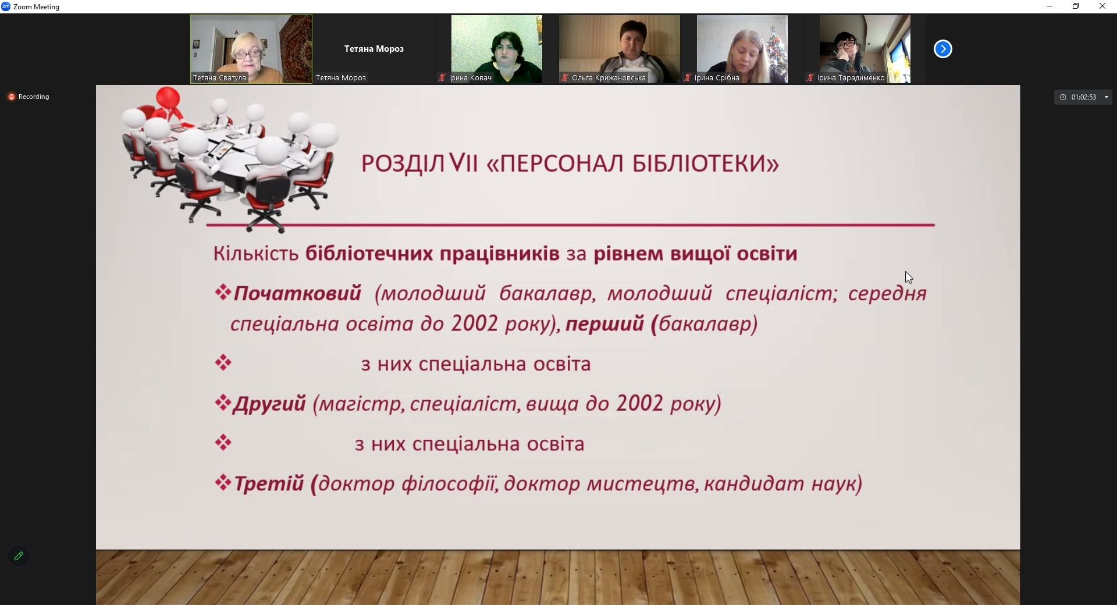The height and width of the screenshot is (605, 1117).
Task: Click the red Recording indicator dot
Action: [11, 97]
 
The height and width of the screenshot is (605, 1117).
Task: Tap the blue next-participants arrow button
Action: [943, 49]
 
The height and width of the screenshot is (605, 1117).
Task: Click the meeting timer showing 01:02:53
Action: [1083, 97]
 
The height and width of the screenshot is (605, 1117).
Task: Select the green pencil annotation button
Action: [19, 556]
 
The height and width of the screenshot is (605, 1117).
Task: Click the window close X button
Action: [1102, 6]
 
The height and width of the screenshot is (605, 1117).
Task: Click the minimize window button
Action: [1050, 6]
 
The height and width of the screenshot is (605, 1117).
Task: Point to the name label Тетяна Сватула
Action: [220, 78]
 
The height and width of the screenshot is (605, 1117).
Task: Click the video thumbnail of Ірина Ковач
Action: [496, 49]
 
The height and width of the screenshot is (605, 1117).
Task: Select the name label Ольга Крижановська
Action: [609, 78]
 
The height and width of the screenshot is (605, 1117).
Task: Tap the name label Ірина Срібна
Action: [717, 78]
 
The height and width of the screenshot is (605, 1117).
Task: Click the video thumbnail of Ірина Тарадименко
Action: [865, 49]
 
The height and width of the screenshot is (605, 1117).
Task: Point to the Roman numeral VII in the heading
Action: [464, 163]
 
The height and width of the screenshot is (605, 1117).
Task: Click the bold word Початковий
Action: [297, 293]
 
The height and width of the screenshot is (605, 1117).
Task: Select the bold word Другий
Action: [269, 404]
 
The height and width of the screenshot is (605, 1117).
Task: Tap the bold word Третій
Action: [269, 483]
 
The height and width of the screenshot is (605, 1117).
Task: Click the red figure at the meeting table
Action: [169, 105]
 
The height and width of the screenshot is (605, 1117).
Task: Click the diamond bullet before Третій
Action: [223, 482]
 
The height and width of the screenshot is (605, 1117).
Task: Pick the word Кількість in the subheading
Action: [256, 254]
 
